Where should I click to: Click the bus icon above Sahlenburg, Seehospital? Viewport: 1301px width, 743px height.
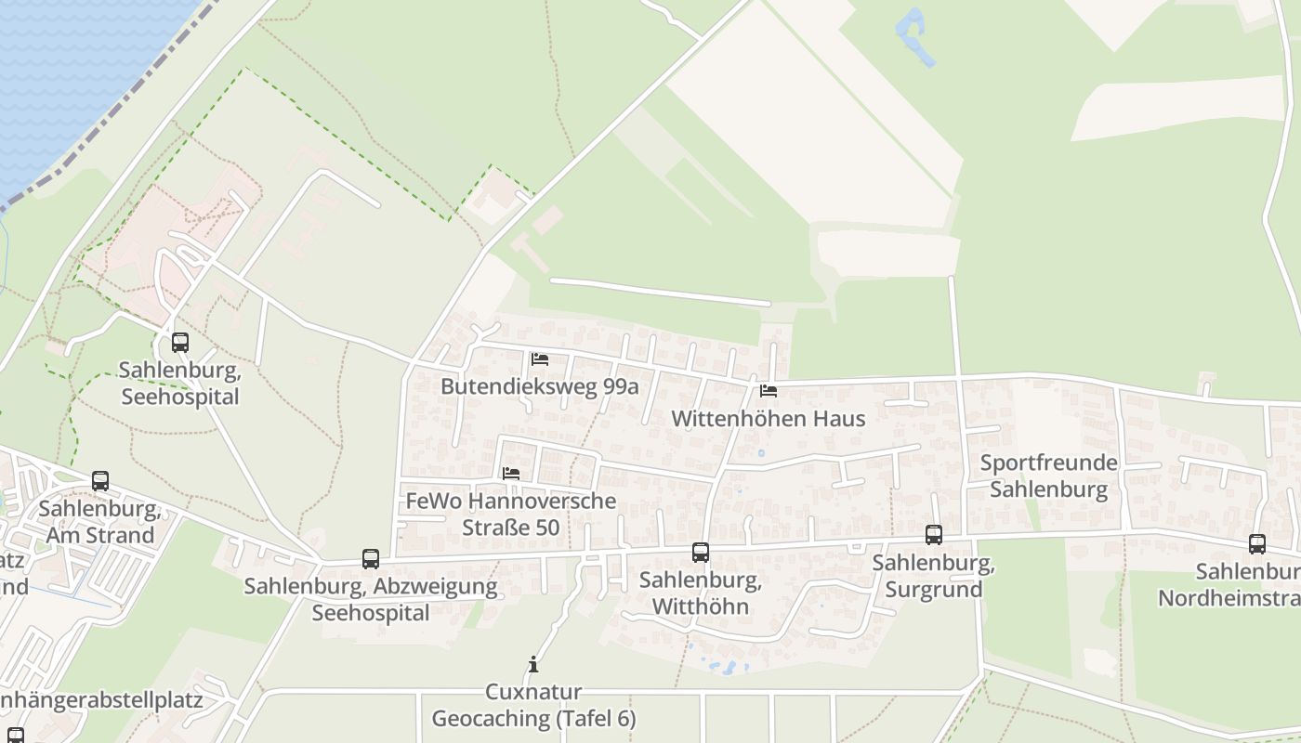click(180, 343)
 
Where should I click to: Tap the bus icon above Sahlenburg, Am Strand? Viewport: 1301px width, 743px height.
click(100, 481)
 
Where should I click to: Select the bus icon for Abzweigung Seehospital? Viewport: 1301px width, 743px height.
click(371, 559)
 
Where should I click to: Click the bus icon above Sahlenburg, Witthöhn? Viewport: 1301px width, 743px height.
click(701, 553)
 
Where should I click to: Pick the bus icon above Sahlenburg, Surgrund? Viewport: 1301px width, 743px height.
click(934, 535)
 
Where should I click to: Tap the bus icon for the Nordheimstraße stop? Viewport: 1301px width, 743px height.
click(1257, 544)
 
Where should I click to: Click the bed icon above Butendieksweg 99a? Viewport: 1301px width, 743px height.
click(540, 359)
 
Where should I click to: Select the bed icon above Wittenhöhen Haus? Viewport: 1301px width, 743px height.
click(768, 391)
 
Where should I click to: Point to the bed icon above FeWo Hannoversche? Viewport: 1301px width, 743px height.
click(511, 474)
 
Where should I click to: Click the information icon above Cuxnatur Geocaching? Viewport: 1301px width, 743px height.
click(533, 665)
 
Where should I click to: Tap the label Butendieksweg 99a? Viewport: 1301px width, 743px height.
click(540, 386)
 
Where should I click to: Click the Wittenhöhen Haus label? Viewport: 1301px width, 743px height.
click(768, 419)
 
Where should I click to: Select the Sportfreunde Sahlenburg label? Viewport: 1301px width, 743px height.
click(1049, 476)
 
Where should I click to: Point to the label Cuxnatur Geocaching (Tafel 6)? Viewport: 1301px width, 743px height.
click(533, 706)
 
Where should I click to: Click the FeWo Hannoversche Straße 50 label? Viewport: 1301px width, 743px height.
click(511, 514)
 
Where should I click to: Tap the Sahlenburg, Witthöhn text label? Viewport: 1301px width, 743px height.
click(701, 594)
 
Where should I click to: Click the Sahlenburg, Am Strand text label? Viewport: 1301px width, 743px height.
click(100, 522)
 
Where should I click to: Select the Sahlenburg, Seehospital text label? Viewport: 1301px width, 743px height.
click(180, 384)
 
